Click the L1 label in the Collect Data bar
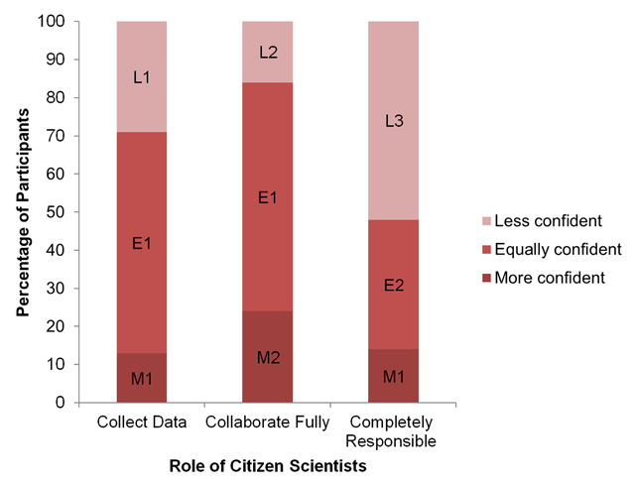coord(142,76)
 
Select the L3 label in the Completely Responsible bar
coord(394,122)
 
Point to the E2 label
coord(394,286)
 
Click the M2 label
coord(268,357)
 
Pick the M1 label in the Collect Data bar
coord(142,378)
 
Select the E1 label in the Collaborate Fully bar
coord(268,197)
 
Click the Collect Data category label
coord(142,423)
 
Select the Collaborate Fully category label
coord(268,423)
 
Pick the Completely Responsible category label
coord(394,430)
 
